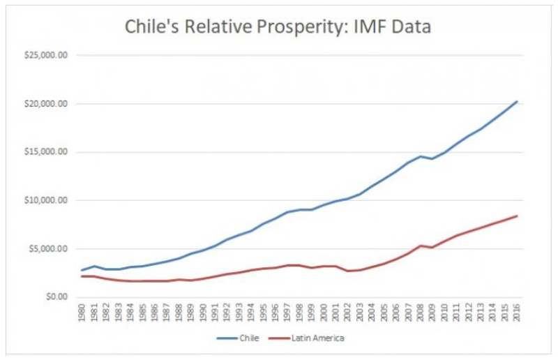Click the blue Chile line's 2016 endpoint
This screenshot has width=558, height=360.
[517, 101]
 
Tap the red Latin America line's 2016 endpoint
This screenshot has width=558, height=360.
[517, 216]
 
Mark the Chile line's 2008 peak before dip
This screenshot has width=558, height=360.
[421, 156]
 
